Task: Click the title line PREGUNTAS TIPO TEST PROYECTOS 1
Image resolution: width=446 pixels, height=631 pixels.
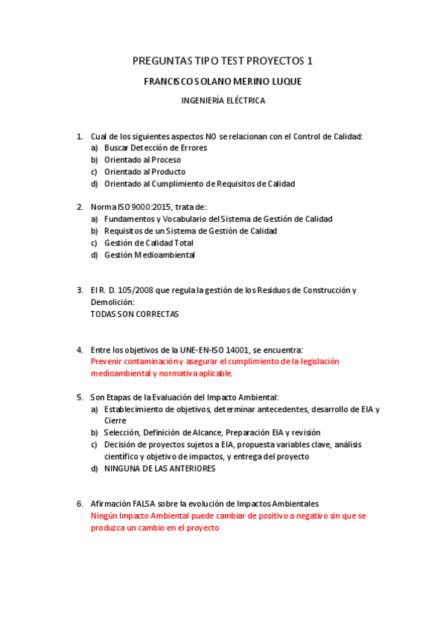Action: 223,61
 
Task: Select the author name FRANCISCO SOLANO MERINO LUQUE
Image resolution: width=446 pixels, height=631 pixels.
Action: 223,82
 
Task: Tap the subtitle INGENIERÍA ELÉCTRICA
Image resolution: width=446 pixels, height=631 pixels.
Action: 223,100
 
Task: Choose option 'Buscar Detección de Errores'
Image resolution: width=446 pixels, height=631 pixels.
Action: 156,148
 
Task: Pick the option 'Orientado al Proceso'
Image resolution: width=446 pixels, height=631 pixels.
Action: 142,160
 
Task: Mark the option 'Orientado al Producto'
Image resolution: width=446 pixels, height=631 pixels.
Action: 144,172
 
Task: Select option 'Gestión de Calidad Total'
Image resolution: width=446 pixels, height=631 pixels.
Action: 149,243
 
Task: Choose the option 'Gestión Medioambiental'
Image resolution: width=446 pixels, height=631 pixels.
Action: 149,255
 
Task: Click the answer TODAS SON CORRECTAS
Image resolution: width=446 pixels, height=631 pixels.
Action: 135,314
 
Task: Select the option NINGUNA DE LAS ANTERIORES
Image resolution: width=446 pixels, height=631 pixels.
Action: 160,469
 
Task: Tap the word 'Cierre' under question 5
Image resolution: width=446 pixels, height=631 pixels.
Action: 115,420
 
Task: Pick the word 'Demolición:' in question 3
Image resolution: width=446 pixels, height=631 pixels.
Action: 112,302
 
